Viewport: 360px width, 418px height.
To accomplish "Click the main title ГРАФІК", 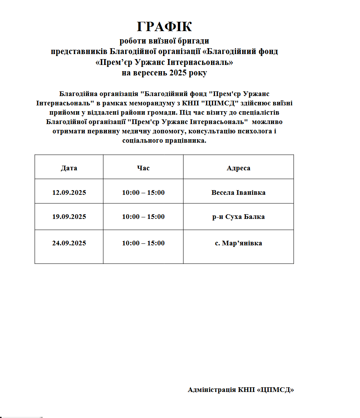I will tap(164, 27).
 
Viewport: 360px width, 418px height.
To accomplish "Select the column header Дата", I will tap(69, 168).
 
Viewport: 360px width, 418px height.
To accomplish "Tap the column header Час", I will tap(143, 168).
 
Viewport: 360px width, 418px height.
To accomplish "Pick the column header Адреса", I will tap(238, 168).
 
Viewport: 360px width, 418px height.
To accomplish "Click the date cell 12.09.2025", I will tap(69, 192).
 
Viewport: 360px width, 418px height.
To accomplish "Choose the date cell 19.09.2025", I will tap(69, 217).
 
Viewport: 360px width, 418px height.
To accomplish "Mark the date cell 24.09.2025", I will tap(69, 243).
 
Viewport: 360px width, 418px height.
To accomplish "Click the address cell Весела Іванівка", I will tap(238, 192).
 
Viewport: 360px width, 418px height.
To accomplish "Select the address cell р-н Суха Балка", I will tap(238, 217).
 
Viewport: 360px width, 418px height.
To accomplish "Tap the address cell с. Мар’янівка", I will tap(238, 243).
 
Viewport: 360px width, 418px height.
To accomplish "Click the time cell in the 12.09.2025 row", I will tap(143, 192).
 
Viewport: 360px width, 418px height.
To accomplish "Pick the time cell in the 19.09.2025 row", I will tap(143, 217).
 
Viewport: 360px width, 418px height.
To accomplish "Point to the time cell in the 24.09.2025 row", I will tap(143, 243).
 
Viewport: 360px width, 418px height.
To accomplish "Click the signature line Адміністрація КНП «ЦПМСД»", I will tap(241, 390).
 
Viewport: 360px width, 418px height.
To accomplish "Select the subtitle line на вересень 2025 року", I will tap(164, 73).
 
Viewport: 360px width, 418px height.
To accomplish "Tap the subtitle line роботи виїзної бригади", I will tap(164, 41).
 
